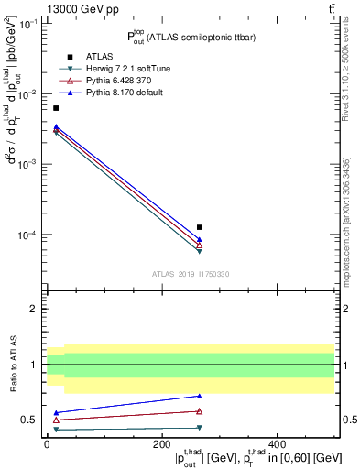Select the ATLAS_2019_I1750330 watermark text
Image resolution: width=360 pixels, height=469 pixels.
point(190,274)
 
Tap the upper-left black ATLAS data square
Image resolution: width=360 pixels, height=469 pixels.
point(56,108)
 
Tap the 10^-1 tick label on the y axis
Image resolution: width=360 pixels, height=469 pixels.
point(28,25)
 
